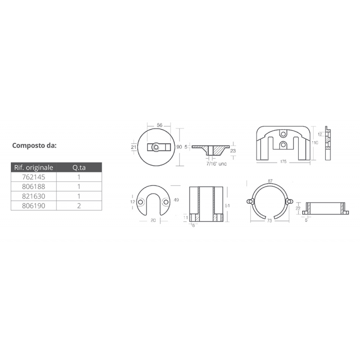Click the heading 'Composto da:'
tap(34, 145)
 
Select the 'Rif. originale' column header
tap(34, 168)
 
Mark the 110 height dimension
tap(315, 143)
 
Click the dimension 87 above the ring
tap(269, 181)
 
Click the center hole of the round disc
tap(155, 147)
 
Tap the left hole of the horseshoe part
tap(141, 203)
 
